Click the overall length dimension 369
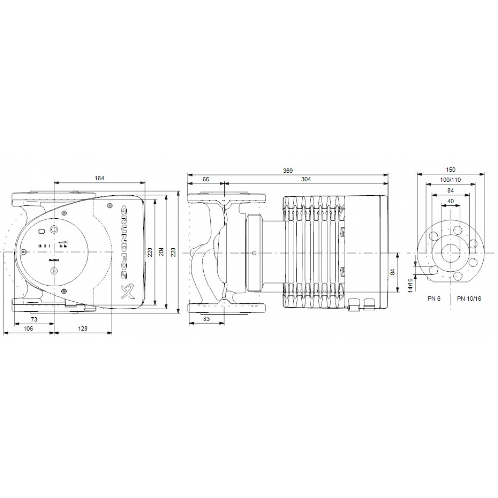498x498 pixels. pos(288,170)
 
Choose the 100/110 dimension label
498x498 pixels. pos(450,180)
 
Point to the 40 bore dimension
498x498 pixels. pos(450,201)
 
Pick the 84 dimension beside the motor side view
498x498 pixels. pos(392,272)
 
